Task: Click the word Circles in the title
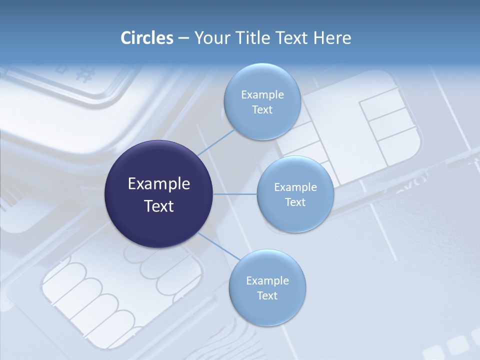(147, 37)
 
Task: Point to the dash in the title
(183, 38)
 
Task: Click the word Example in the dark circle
(159, 184)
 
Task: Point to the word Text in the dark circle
(159, 206)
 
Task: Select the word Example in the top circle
(262, 94)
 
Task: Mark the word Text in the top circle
(262, 109)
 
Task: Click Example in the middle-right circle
(295, 187)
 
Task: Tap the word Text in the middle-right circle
(295, 202)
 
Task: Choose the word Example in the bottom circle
(267, 280)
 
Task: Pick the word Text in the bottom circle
(267, 295)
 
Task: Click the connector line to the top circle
(216, 142)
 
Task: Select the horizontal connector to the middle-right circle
(235, 194)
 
